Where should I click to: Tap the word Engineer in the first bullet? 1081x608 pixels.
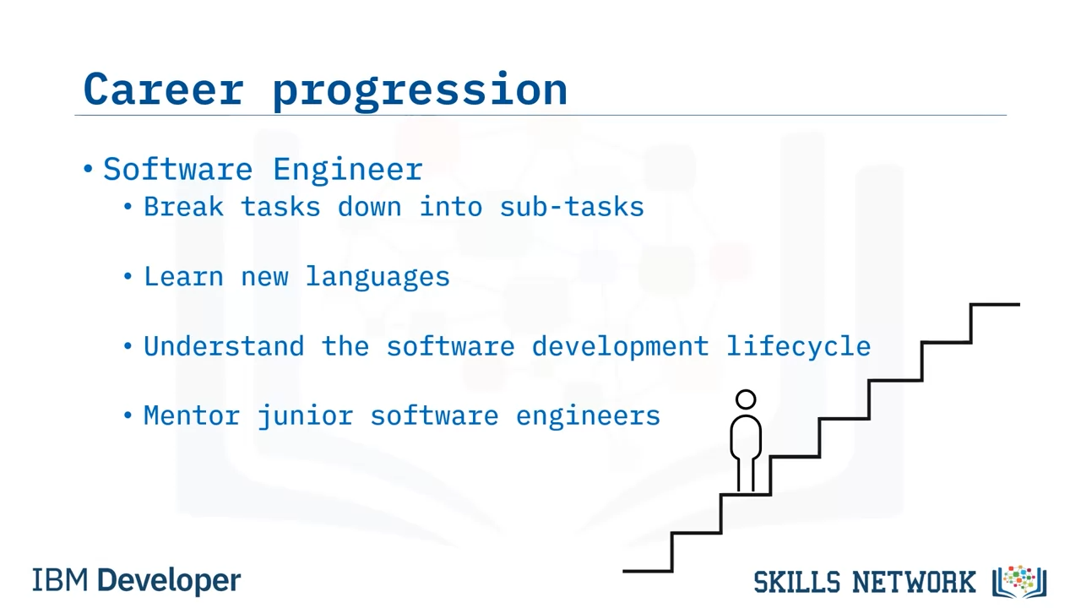tap(348, 170)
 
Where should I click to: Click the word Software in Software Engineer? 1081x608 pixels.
tap(178, 169)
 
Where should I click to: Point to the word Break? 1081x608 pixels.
tap(184, 207)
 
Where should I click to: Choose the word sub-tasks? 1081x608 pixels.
tap(572, 207)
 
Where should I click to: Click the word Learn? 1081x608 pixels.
tap(184, 276)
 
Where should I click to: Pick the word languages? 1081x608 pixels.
tap(378, 278)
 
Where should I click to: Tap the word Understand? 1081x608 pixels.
tap(225, 346)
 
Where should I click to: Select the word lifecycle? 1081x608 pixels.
tap(799, 347)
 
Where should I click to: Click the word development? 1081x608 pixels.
tap(621, 347)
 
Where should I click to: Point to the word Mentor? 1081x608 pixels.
tap(192, 415)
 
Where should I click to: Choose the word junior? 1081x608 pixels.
tap(306, 416)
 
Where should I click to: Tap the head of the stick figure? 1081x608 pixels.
tap(746, 399)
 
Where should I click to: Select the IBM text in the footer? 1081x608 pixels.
tap(60, 580)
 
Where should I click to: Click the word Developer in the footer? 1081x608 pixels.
tap(169, 581)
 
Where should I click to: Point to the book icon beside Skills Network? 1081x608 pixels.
tap(1019, 582)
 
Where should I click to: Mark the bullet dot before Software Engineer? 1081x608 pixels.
tap(88, 169)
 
